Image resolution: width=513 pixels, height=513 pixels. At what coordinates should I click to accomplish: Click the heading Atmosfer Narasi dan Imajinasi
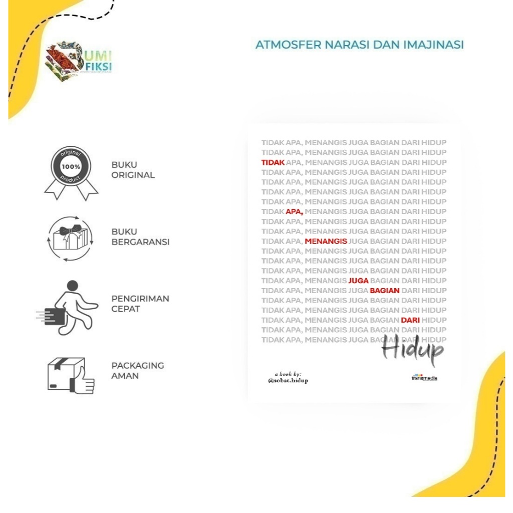pos(359,45)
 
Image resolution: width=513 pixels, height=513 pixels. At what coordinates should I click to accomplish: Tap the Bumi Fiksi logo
pos(78,61)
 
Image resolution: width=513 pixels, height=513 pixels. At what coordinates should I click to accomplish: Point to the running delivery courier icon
pos(69,307)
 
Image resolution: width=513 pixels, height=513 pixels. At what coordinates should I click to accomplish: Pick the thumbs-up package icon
pos(71,375)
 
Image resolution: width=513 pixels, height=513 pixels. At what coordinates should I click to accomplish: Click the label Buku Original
pos(133,170)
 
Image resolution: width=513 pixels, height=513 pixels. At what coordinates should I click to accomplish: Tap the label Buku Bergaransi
pos(140,237)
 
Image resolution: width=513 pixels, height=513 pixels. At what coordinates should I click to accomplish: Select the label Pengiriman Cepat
pos(140,304)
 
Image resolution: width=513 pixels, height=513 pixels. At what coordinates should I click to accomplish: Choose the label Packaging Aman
pos(137,371)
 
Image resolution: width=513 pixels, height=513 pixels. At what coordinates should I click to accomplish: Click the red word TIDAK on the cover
pos(273,162)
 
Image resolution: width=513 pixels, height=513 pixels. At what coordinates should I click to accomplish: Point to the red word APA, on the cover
pos(295,212)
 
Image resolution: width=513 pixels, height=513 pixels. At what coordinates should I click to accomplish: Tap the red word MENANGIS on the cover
pos(326,241)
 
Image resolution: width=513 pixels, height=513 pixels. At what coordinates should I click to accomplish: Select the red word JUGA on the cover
pos(358,281)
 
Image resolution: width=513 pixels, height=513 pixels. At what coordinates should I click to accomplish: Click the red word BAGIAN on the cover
pos(384,291)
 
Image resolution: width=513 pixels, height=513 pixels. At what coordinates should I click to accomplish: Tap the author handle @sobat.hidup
pos(288,381)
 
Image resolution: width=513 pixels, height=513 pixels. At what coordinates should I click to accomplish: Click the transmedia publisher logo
pos(424,377)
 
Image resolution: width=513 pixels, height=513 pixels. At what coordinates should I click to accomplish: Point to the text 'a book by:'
pos(288,373)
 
